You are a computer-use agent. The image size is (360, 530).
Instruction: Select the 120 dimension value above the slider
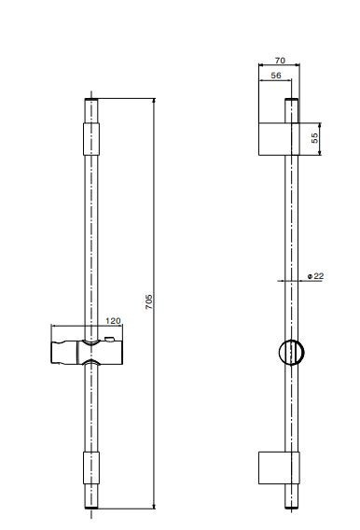113,320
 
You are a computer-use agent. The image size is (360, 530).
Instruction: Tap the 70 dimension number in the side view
279,59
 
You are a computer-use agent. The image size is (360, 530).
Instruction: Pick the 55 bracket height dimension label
315,138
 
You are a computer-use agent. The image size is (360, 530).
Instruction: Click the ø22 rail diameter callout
314,276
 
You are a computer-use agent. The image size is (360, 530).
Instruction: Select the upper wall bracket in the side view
278,138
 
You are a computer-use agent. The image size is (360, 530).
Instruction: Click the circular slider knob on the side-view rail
291,353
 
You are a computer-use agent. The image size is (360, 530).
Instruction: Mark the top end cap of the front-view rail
90,100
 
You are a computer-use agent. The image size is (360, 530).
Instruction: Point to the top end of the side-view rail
292,100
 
